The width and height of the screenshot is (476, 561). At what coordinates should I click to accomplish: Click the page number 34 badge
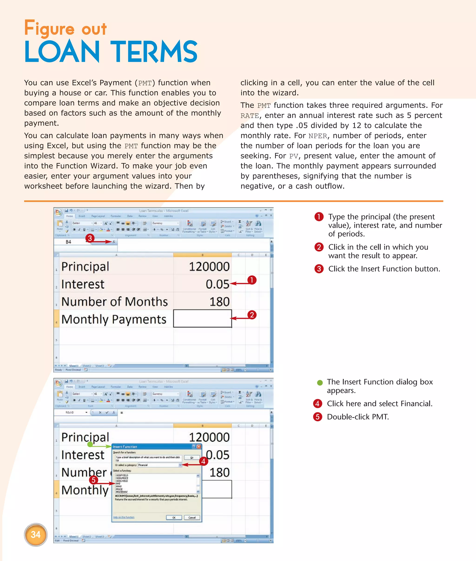[x=36, y=534]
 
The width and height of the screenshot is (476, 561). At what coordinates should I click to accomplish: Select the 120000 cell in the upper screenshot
[x=209, y=267]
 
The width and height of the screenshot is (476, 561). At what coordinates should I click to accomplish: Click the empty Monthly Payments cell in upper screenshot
[x=202, y=318]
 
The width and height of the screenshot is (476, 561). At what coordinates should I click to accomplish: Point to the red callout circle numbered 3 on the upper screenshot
[x=90, y=238]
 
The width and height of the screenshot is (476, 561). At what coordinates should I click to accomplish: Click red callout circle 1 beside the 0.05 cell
[x=251, y=280]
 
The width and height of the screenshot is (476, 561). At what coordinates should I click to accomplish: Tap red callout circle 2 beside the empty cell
[x=252, y=315]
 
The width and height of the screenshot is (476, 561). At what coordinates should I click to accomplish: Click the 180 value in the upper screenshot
[x=219, y=302]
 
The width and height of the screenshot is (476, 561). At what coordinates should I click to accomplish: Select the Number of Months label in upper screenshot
[x=114, y=302]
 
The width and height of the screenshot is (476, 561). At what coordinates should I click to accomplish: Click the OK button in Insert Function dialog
[x=174, y=517]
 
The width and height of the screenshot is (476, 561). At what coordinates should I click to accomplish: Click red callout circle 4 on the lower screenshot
[x=203, y=461]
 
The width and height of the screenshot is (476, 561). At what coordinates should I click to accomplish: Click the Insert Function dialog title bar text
[x=125, y=447]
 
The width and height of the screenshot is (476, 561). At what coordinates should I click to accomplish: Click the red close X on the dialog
[x=199, y=447]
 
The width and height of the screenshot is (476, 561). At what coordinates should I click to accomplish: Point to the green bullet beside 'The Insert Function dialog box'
[x=320, y=382]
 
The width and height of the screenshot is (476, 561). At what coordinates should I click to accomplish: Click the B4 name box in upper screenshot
[x=69, y=242]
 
